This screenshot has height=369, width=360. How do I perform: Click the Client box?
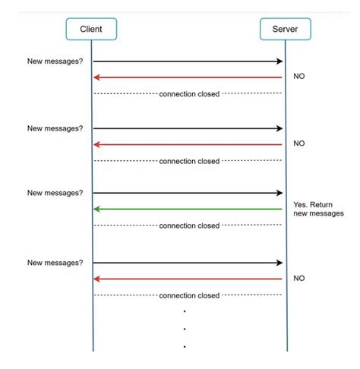point(91,29)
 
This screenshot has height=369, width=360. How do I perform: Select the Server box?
point(286,29)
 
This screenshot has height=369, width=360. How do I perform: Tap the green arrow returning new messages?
point(188,209)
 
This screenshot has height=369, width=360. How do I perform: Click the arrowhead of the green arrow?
point(96,209)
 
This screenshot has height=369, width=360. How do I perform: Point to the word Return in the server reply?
point(321,204)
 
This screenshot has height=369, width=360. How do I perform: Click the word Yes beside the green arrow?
point(300,204)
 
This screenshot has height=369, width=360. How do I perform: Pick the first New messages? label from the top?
point(55,61)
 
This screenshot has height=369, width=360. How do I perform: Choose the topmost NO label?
point(299,76)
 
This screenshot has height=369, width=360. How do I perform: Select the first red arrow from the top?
point(188,77)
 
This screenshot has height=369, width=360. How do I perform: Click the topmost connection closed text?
point(189,94)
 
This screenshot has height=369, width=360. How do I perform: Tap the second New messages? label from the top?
point(55,128)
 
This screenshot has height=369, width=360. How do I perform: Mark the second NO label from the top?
point(299,143)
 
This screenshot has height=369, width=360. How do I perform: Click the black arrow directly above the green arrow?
point(188,193)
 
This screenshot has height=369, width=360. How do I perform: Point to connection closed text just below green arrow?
point(189,225)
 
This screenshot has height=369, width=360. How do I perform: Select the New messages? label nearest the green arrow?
point(55,193)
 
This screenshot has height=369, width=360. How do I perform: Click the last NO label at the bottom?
point(299,278)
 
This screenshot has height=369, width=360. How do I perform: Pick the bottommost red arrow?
point(188,279)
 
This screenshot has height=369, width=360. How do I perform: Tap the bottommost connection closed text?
point(189,295)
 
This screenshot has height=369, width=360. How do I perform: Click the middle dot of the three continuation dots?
point(185,329)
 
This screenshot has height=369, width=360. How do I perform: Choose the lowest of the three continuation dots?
point(185,346)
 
